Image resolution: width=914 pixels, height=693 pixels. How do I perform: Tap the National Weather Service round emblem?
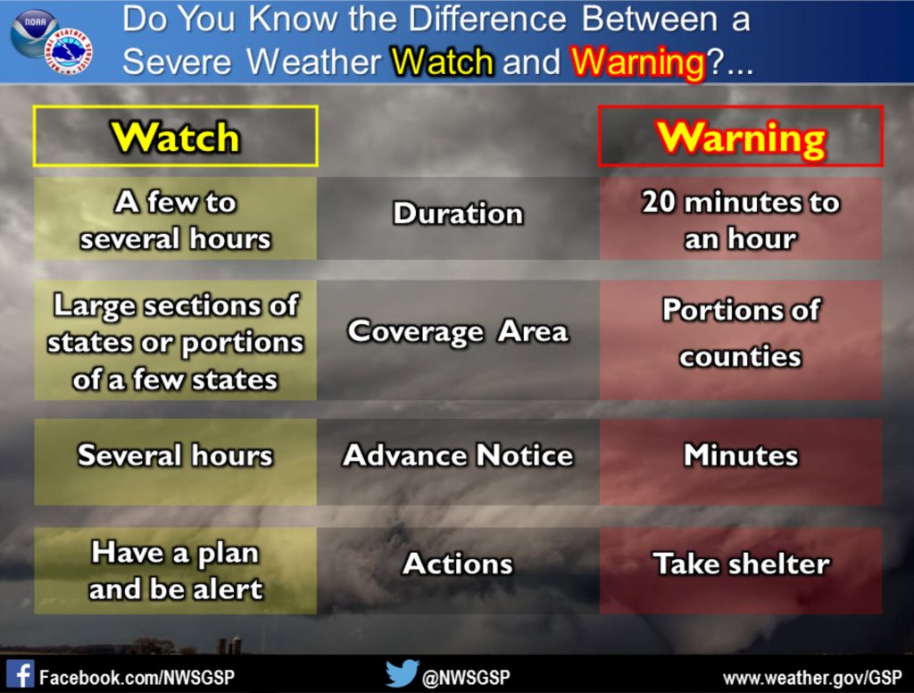point(69,51)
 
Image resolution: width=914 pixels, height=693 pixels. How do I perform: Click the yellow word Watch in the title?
point(443,62)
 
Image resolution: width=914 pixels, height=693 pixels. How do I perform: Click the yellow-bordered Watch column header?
point(176,136)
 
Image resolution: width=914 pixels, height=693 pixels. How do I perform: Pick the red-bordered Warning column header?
point(741,136)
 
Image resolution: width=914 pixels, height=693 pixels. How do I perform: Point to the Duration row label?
point(458,213)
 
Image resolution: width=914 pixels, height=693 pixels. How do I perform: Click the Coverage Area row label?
point(458,331)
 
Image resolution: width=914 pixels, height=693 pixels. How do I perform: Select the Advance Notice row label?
point(458,455)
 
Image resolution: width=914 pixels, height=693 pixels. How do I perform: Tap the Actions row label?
point(458,564)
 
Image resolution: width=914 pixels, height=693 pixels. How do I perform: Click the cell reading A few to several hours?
point(176,219)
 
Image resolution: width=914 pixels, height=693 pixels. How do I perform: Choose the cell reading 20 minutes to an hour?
point(741,219)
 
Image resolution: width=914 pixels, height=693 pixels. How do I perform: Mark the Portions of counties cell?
point(741,340)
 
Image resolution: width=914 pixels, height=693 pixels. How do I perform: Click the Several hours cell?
point(176,462)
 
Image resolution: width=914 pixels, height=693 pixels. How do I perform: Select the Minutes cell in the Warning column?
point(741,462)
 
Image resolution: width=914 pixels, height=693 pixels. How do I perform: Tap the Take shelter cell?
point(741,571)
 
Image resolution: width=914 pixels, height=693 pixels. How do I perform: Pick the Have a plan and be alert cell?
point(176,571)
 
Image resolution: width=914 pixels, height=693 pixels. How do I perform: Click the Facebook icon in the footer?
point(21,673)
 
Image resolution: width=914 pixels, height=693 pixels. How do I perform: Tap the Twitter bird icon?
point(403,673)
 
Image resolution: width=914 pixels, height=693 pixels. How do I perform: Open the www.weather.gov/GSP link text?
point(812,678)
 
